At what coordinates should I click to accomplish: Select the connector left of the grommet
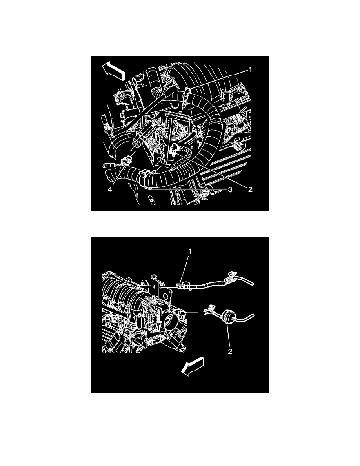click(207, 313)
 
